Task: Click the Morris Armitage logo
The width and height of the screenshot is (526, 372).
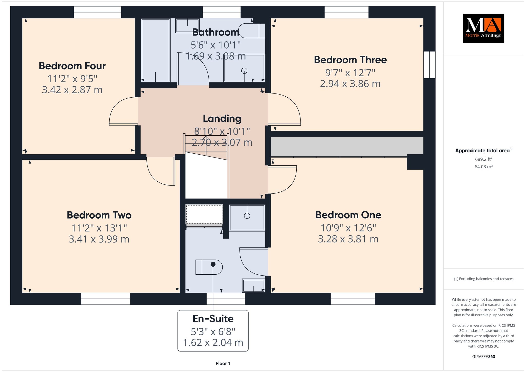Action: tap(483, 28)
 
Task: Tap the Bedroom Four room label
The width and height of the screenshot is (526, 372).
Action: tap(72, 66)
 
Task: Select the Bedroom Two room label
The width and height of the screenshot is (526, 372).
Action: tap(99, 215)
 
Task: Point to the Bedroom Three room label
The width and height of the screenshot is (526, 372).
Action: tap(350, 60)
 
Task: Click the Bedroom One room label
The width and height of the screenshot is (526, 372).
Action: tap(348, 215)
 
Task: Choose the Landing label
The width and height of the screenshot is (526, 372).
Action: tap(222, 119)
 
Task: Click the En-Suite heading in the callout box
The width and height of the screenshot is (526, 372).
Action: tap(213, 319)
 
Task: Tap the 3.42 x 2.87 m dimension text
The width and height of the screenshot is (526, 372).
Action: tap(72, 90)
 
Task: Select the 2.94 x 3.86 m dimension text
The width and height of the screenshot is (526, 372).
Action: tap(350, 84)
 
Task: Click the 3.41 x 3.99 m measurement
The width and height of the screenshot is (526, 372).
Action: tap(99, 239)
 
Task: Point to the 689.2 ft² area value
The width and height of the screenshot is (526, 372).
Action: tap(484, 159)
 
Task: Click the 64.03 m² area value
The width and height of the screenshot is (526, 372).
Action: tap(484, 166)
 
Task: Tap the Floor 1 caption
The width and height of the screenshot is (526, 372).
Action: tap(223, 364)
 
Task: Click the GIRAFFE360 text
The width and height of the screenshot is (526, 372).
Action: tap(484, 357)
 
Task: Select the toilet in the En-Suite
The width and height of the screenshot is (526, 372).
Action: tap(209, 267)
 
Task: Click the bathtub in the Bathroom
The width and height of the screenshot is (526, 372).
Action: tap(156, 50)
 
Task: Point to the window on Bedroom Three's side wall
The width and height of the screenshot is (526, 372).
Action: tap(429, 65)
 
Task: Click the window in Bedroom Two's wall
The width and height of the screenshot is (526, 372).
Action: tap(106, 299)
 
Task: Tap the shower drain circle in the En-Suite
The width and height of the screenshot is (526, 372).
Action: tap(247, 216)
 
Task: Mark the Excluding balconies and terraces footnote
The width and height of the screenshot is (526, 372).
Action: tap(484, 279)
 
